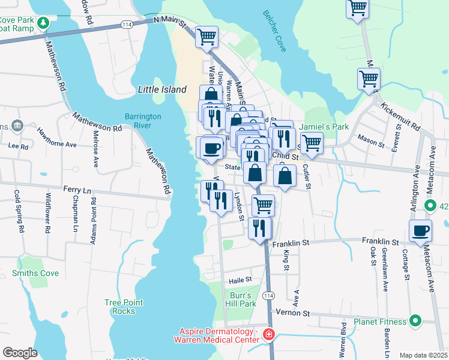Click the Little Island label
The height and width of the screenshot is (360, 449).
pyautogui.click(x=162, y=89)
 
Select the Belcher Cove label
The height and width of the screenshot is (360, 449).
pyautogui.click(x=274, y=31)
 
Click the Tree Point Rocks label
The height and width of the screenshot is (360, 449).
pyautogui.click(x=124, y=307)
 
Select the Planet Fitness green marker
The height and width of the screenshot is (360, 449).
pyautogui.click(x=414, y=321)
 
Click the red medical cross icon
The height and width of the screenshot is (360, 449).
pyautogui.click(x=268, y=334)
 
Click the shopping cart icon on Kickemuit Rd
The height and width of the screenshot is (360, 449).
pyautogui.click(x=369, y=79)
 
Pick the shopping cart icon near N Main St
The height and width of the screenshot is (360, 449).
pyautogui.click(x=206, y=36)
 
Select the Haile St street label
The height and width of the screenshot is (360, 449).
pyautogui.click(x=240, y=280)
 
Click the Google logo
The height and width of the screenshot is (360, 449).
pyautogui.click(x=20, y=352)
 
